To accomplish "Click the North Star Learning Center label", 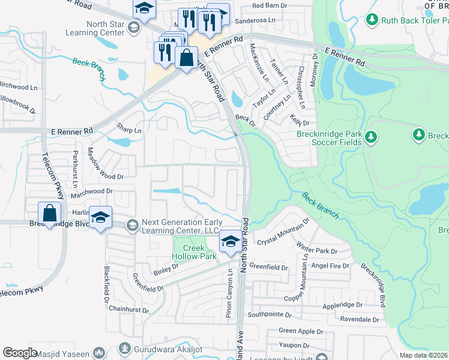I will click(x=98, y=28).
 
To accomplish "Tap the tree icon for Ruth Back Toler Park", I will click(x=372, y=20).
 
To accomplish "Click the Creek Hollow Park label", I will click(x=194, y=252).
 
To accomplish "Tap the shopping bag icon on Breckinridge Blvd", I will click(x=49, y=213).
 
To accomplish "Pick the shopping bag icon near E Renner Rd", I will click(x=187, y=58).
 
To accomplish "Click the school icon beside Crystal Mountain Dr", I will click(x=229, y=241).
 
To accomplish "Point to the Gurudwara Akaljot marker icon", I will click(x=124, y=347).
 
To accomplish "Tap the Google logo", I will click(x=20, y=353).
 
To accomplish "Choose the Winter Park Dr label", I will click(x=316, y=247).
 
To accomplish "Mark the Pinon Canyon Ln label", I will click(x=229, y=293).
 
